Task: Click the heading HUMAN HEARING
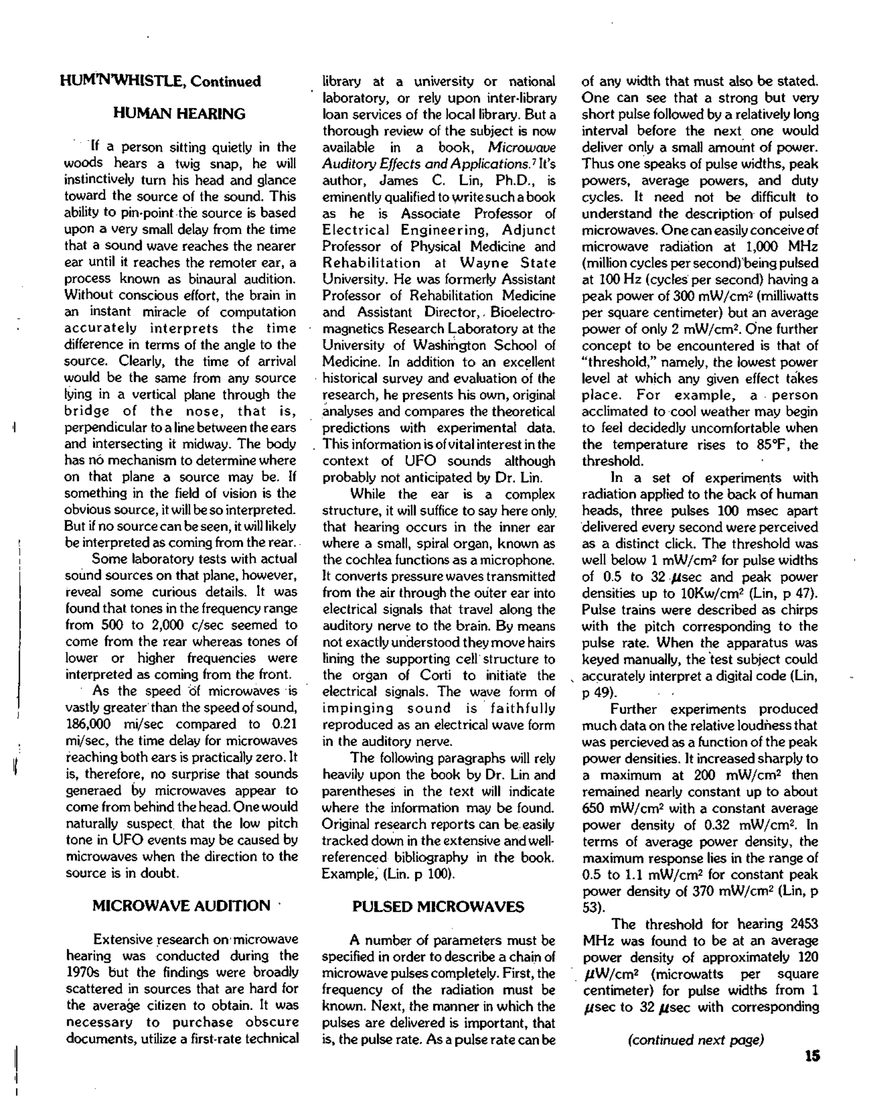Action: [179, 114]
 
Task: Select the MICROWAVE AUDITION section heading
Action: [181, 906]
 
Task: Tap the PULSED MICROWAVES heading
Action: [438, 907]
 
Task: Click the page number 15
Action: [812, 1056]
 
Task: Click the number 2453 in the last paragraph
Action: [804, 924]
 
